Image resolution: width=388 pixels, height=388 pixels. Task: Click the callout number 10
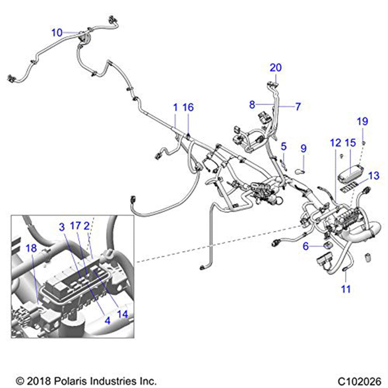click(57, 33)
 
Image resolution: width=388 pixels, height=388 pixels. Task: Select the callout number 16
click(188, 107)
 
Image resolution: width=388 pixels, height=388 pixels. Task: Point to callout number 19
click(362, 121)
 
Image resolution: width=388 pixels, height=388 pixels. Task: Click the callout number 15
click(350, 143)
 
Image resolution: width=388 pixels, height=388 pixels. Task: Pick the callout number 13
click(374, 176)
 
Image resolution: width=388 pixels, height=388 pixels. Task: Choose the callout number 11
click(346, 289)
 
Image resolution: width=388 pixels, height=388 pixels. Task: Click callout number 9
click(303, 148)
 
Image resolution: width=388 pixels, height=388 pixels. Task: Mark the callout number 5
click(284, 147)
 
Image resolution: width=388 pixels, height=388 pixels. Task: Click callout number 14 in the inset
click(122, 315)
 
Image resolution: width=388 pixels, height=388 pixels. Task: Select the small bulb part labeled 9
click(301, 170)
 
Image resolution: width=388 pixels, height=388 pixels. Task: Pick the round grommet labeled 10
click(83, 38)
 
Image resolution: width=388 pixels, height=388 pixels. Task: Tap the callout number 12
click(336, 143)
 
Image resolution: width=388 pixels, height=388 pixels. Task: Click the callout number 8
click(252, 105)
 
